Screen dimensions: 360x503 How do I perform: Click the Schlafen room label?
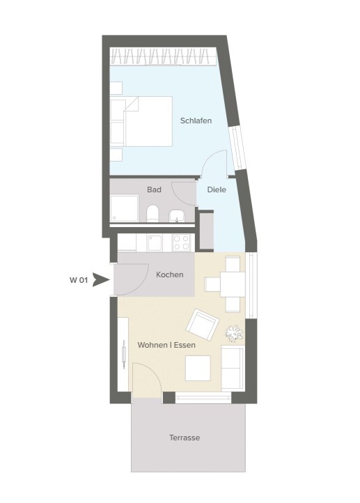[x=196, y=121]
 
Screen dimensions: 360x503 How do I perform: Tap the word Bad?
[x=154, y=189]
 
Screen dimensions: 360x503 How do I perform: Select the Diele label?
[x=217, y=189]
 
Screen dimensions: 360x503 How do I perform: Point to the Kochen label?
[x=170, y=274]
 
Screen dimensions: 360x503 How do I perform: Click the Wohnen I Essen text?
[x=166, y=345]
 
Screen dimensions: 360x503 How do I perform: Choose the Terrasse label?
[x=185, y=438]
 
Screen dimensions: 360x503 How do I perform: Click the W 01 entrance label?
[x=79, y=280]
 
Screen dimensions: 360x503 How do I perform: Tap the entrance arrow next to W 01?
[x=101, y=280]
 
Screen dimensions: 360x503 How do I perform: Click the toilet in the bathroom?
[x=152, y=214]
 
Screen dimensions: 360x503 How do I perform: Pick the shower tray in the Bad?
[x=125, y=208]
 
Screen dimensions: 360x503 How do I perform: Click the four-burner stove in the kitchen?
[x=182, y=242]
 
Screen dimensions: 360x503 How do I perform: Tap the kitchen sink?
[x=155, y=243]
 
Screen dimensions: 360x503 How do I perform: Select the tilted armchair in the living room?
[x=203, y=325]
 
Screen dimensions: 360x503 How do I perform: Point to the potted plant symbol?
[x=234, y=332]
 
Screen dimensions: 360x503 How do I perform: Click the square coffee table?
[x=198, y=369]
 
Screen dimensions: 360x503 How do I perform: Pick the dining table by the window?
[x=233, y=284]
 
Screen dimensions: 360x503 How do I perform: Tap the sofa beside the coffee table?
[x=233, y=369]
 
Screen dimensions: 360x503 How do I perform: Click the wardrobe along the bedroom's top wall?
[x=163, y=56]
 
